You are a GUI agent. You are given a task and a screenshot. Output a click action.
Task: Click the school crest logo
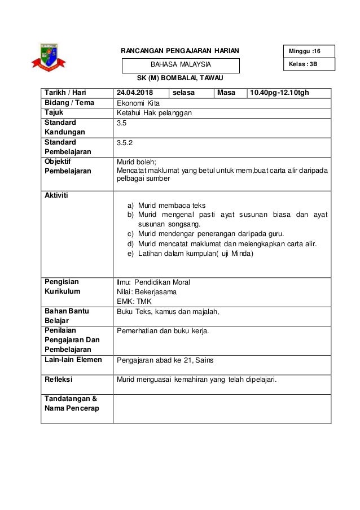pos(50,58)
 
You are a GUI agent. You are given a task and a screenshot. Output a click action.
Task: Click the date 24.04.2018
pos(135,92)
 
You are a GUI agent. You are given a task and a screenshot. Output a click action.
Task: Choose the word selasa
pos(184,92)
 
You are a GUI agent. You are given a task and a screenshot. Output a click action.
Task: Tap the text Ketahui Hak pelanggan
pos(153,113)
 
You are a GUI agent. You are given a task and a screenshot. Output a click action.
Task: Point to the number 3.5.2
pos(124,143)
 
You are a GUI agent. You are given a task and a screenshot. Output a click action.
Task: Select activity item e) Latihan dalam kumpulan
pos(191,254)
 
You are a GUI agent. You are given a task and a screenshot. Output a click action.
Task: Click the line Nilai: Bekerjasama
pos(146,292)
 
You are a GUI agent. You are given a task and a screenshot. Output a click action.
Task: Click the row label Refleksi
pos(58,380)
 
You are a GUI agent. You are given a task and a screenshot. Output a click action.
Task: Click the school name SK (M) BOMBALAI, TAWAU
pos(181,77)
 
